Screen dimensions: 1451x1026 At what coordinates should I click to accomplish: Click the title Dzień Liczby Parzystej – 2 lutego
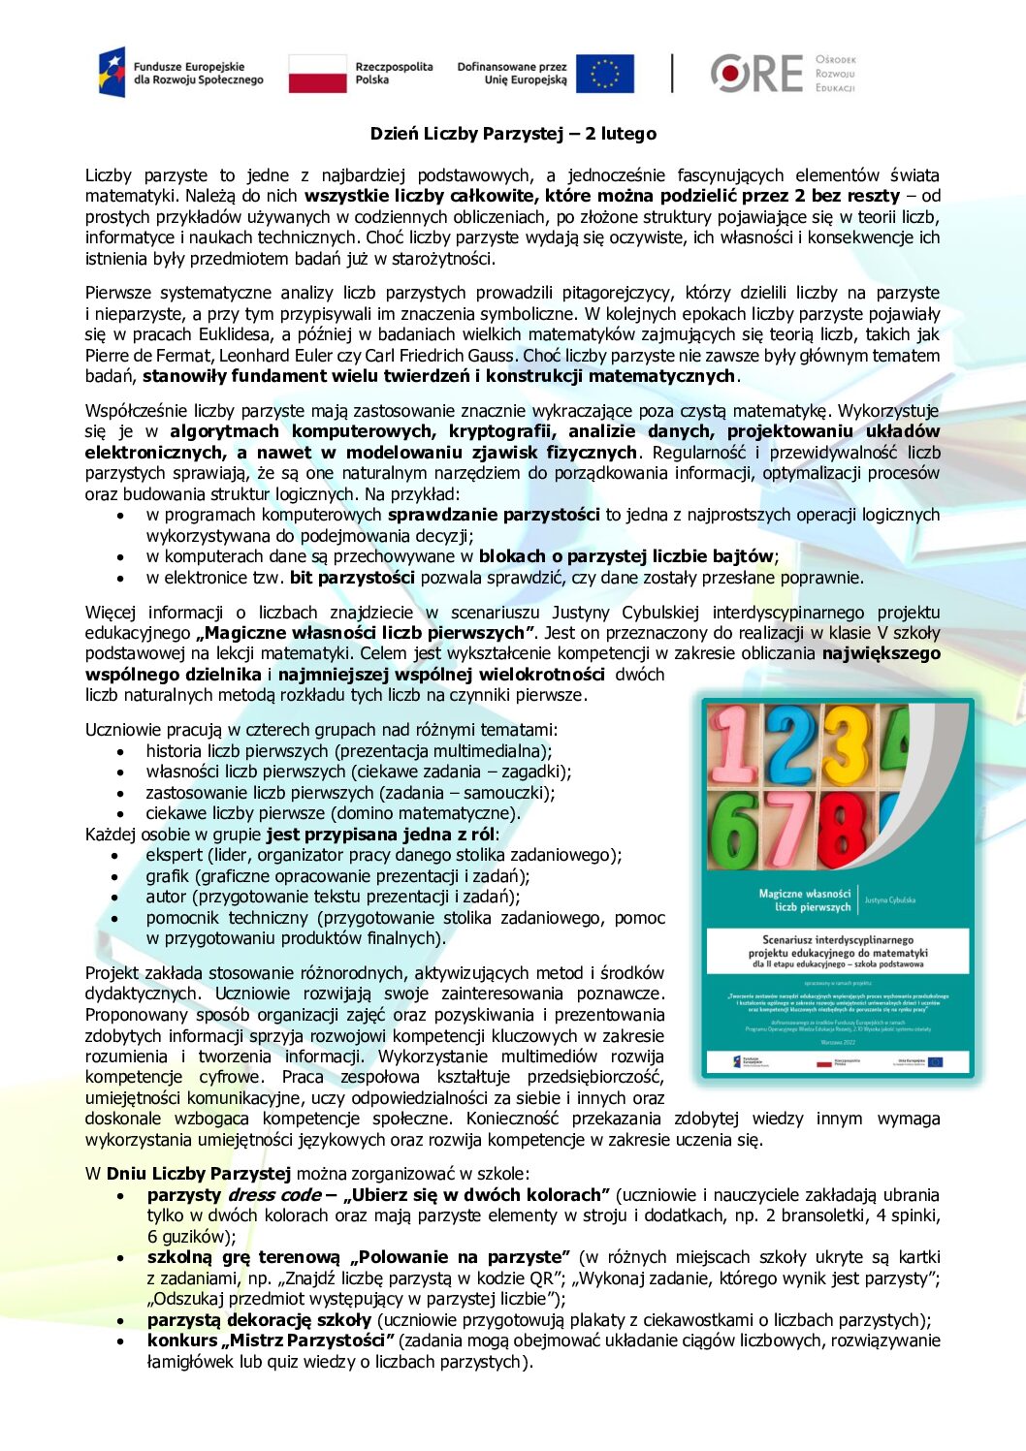(513, 134)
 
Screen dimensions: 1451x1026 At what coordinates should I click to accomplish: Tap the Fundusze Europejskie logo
(180, 73)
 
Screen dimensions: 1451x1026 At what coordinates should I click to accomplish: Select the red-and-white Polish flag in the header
(318, 74)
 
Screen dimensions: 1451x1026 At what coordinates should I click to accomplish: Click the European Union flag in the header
(604, 74)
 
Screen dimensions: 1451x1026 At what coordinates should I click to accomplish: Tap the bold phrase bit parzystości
(352, 578)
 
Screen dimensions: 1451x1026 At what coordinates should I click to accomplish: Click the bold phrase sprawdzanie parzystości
(494, 515)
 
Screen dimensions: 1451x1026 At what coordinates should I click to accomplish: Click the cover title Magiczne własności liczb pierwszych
(805, 900)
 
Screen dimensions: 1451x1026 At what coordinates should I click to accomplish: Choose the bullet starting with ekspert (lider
(383, 855)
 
